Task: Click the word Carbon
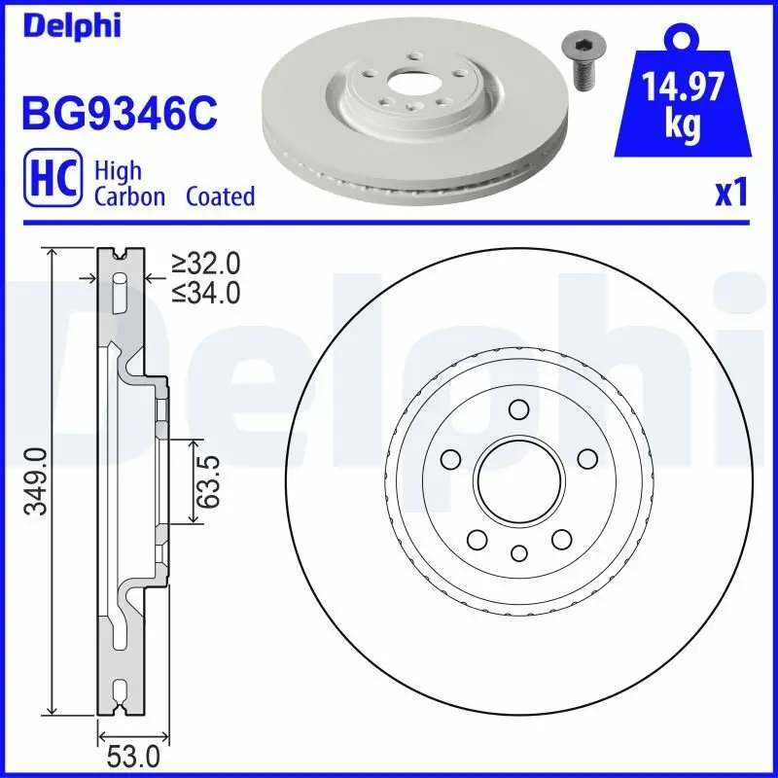131,196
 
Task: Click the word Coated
220,196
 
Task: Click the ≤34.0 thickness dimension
206,292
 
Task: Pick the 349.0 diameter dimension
36,481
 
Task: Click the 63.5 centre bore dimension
207,481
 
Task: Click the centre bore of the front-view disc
519,478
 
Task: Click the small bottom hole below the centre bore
519,553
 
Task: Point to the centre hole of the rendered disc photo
407,87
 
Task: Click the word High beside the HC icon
118,171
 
